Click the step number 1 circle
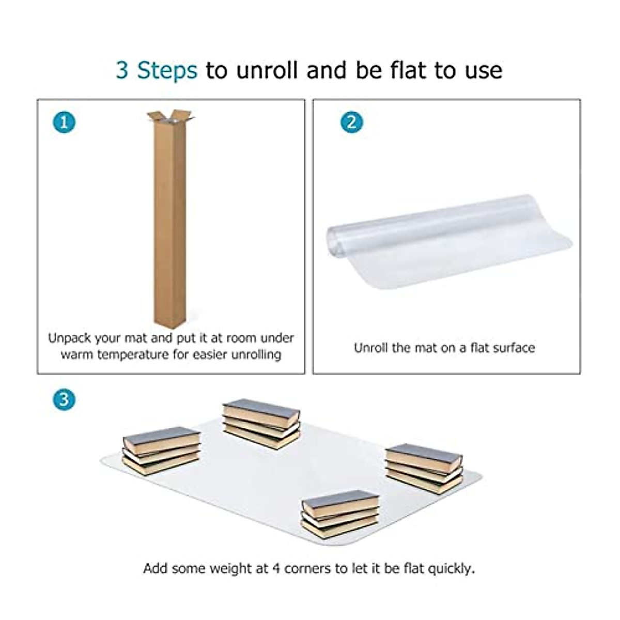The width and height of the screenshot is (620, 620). [64, 122]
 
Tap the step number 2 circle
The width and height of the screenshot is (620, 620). [352, 122]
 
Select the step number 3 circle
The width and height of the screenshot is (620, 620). [64, 399]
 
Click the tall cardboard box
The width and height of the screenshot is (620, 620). [170, 222]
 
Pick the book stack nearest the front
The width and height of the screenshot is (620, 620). [340, 514]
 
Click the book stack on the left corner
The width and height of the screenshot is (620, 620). [161, 450]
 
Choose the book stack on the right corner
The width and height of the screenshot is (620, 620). [424, 468]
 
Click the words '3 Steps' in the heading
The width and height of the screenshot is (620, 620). [156, 70]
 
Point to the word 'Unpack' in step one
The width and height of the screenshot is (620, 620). [70, 338]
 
